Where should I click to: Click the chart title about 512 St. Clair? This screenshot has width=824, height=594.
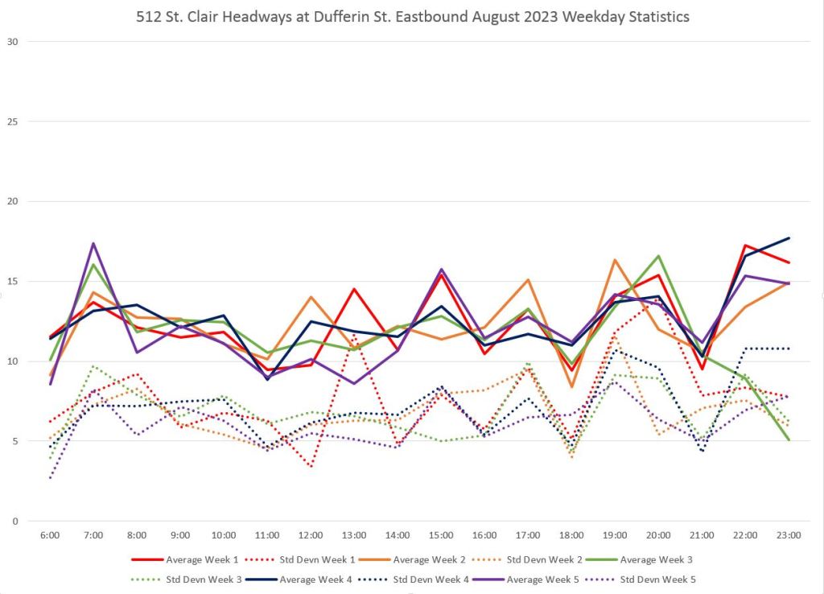tap(412, 16)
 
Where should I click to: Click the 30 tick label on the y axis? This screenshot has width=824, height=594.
tap(14, 42)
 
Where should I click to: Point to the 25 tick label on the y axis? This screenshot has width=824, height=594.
tap(14, 122)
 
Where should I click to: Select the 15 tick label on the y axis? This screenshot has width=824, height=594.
tap(14, 282)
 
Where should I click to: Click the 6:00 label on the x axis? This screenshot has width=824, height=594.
tap(50, 534)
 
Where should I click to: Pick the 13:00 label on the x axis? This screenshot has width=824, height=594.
tap(354, 534)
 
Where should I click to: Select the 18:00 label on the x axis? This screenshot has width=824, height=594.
tap(571, 534)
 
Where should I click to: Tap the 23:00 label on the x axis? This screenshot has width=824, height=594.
tap(789, 534)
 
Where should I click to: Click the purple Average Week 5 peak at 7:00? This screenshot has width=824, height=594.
tap(93, 243)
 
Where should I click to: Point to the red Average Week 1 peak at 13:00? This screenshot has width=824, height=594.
tap(354, 289)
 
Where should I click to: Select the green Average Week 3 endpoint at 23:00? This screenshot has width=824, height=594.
tap(789, 440)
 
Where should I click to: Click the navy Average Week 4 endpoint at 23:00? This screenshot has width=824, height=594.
tap(789, 238)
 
